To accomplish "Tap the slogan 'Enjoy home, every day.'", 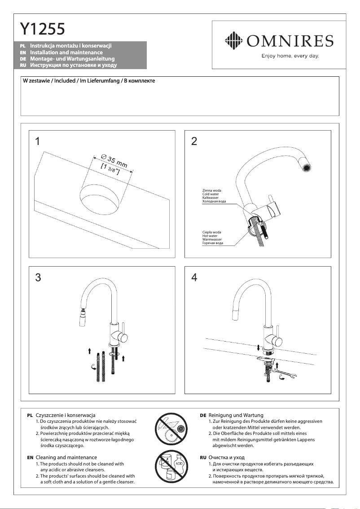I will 290,56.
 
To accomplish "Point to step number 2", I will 194,141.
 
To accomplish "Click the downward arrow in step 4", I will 258,347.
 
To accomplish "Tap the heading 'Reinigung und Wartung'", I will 236,415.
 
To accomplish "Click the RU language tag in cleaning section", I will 202,457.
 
